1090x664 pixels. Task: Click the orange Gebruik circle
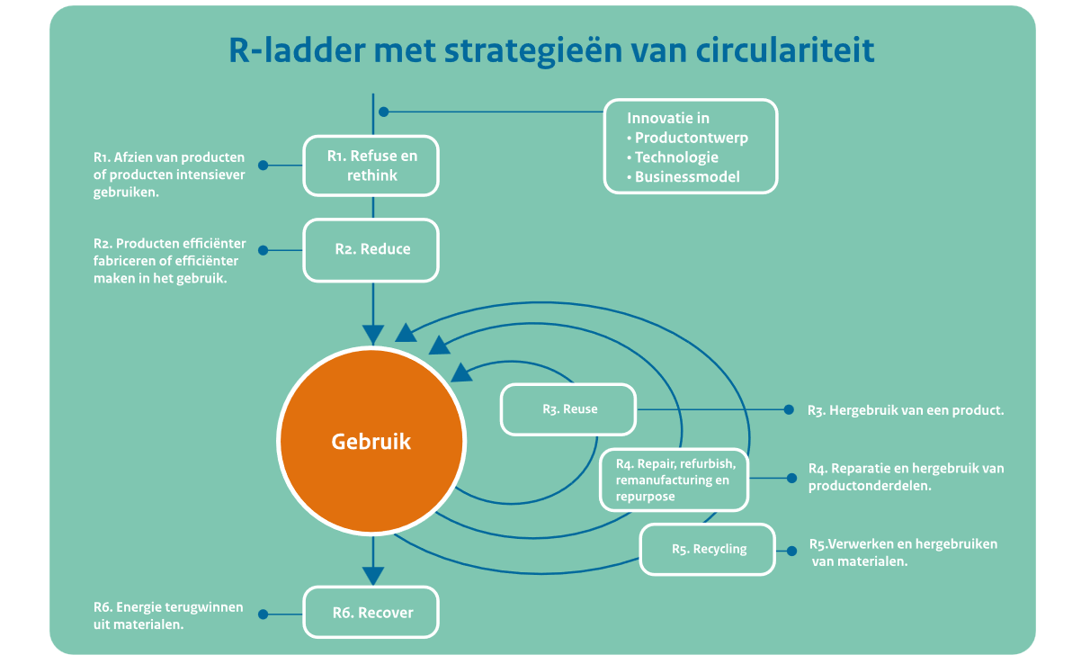click(371, 443)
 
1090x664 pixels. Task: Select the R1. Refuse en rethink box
click(371, 166)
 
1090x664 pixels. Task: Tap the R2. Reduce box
click(371, 249)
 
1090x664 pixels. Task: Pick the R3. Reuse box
click(568, 409)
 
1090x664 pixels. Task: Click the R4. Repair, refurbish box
click(674, 480)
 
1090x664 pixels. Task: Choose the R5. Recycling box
click(708, 549)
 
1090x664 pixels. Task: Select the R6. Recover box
click(371, 613)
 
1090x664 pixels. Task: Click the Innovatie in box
click(689, 146)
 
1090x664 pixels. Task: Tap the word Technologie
click(676, 157)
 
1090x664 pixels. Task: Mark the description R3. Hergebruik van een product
click(906, 410)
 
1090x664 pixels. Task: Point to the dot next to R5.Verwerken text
click(791, 551)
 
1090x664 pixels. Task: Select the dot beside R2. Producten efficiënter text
click(264, 250)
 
